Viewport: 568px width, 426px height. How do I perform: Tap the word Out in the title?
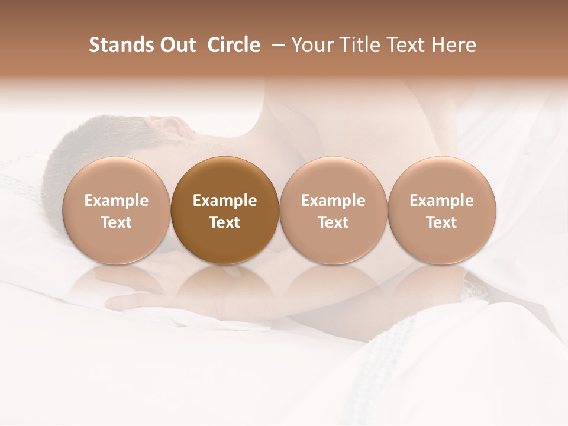pos(176,45)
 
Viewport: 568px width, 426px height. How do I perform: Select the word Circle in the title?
pos(234,45)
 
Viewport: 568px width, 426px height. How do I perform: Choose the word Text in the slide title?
pos(408,45)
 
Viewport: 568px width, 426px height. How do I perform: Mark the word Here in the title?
pos(454,45)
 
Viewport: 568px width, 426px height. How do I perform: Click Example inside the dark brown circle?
pos(225,201)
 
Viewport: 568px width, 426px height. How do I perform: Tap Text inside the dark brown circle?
pos(225,222)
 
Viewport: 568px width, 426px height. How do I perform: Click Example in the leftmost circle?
pos(116,201)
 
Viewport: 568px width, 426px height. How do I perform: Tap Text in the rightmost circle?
pos(442,222)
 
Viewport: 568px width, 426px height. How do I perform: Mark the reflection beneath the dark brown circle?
pos(224,284)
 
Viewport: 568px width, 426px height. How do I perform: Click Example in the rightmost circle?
pos(442,201)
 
